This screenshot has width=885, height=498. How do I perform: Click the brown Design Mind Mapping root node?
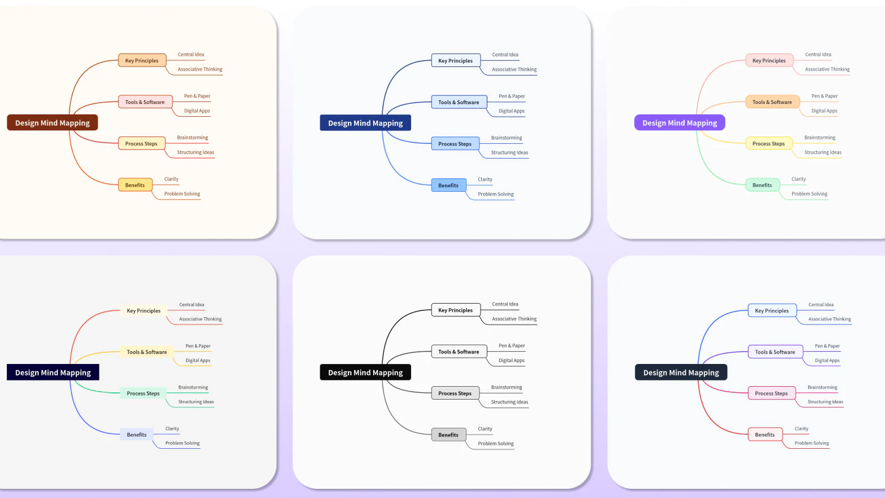[x=52, y=122]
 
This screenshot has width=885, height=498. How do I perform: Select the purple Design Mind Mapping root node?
[x=679, y=122]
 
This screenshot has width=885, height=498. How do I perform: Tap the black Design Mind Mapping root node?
[x=365, y=372]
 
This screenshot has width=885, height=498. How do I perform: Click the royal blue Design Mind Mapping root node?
[x=365, y=123]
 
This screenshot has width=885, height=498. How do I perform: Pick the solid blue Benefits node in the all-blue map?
[x=448, y=185]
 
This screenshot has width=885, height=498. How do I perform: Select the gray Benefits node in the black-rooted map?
[x=448, y=435]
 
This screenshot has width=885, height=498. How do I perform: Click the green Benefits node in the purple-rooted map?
[x=762, y=184]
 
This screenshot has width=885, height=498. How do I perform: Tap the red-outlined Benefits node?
[x=765, y=435]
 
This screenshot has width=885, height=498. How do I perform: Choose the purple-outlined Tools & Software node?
[x=775, y=352]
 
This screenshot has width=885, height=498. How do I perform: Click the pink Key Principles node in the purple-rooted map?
[x=769, y=60]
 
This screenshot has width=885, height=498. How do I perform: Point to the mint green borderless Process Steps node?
[x=143, y=393]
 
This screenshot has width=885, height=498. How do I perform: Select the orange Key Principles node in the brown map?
[x=141, y=60]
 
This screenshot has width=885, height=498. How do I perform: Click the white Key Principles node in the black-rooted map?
[x=455, y=310]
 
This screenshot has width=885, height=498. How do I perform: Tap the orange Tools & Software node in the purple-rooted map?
[x=773, y=102]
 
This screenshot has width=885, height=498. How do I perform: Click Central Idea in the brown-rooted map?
[x=191, y=55]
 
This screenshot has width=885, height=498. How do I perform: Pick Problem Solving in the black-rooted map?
[x=495, y=443]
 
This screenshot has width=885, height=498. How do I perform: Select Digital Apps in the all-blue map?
[x=511, y=111]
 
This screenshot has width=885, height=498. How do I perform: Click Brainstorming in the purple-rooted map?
[x=819, y=138]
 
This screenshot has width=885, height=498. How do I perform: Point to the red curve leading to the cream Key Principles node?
[x=86, y=323]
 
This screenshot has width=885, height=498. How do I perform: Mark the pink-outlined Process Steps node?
[x=771, y=393]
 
